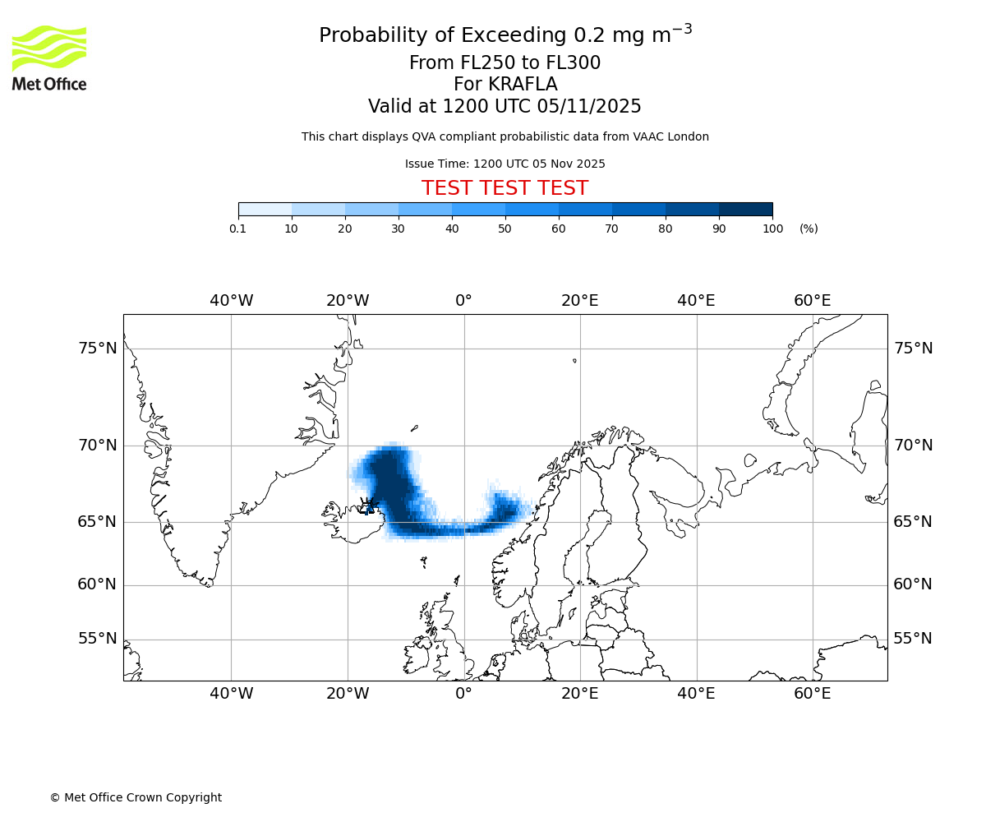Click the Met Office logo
pos(49,58)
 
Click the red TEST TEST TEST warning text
pos(505,188)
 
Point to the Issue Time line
pos(505,164)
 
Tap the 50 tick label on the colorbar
pos(505,229)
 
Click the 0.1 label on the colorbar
pos(237,229)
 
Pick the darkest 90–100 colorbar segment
pos(745,209)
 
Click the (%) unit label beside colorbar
pos(809,229)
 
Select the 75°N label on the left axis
pos(98,349)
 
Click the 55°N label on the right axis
pos(913,639)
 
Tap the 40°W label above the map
pos(231,301)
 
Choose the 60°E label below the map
pos(812,694)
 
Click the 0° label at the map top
pos(463,301)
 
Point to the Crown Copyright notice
pos(136,797)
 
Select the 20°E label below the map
pos(579,694)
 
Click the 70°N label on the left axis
pos(98,446)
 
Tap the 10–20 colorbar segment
pos(318,209)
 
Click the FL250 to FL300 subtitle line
pos(505,63)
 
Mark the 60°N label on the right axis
pos(913,584)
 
